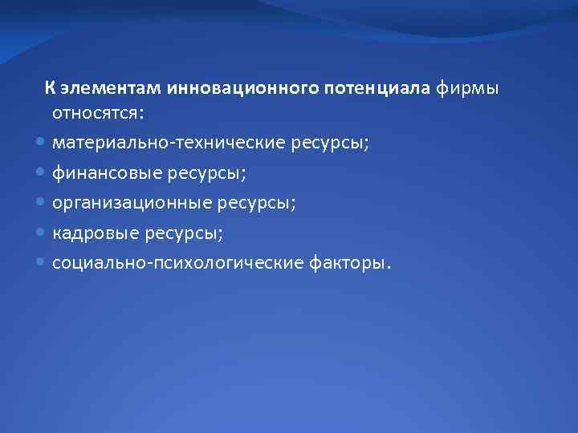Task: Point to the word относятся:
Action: point(98,113)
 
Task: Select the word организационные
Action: point(130,203)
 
